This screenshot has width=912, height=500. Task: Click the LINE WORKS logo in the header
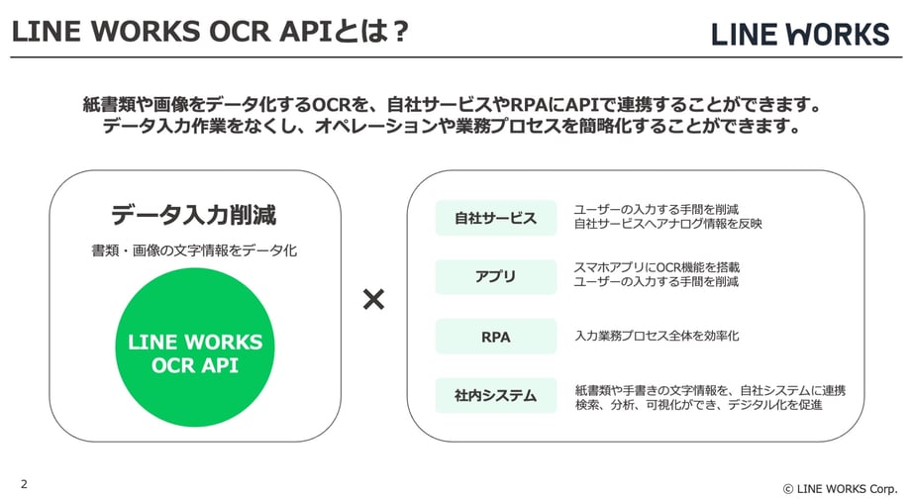pos(800,34)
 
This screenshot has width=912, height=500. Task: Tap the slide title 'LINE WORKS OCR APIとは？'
pos(210,32)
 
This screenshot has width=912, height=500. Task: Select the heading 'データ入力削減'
pos(193,215)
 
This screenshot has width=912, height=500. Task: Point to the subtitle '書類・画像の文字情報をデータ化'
pos(194,251)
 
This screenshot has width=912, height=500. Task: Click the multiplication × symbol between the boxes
pos(373,300)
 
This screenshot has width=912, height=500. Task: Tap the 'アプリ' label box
pos(495,277)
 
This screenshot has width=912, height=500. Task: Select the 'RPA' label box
pos(495,337)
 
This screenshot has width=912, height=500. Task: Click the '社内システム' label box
pos(495,396)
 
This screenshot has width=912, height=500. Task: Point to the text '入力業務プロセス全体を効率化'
pos(657,337)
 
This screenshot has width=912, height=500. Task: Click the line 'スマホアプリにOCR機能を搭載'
pos(657,267)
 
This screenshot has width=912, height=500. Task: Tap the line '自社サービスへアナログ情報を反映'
pos(668,224)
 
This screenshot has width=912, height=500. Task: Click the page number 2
pos(24,484)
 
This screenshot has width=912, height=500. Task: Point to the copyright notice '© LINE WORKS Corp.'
pos(840,488)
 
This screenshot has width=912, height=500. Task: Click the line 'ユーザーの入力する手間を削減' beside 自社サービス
pos(657,209)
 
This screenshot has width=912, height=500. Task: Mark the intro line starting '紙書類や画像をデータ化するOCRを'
pos(455,105)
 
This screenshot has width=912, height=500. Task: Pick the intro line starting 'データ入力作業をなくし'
pos(455,128)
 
